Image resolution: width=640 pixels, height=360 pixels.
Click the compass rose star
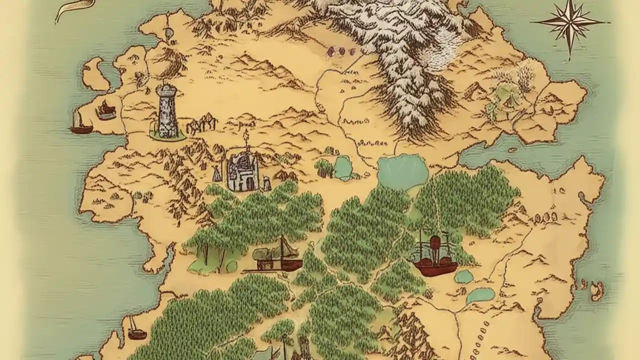click(569, 23)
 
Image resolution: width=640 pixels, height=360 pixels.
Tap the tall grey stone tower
click(167, 112)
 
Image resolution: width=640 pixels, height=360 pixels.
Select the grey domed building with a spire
click(243, 171)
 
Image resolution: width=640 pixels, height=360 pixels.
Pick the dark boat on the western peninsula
click(106, 110)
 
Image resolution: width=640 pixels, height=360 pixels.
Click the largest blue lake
click(402, 171)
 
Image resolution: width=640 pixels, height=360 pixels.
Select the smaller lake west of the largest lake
click(343, 167)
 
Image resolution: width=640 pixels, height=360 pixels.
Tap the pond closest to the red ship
click(464, 276)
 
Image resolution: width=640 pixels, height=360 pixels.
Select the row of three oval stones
click(546, 217)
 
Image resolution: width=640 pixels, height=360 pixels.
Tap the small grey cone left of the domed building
click(217, 173)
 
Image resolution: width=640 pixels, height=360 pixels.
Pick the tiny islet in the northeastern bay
click(512, 149)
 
